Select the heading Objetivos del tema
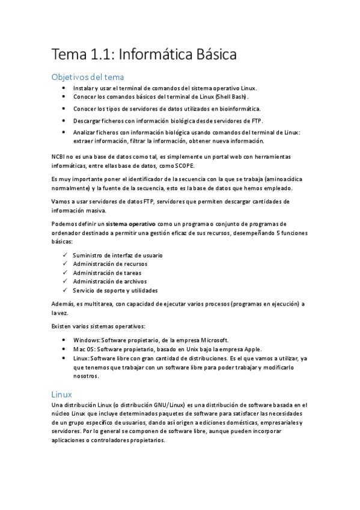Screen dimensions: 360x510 coord(88,77)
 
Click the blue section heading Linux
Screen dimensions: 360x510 coord(62,395)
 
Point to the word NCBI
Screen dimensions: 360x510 coord(61,156)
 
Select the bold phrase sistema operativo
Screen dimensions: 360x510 coord(129,223)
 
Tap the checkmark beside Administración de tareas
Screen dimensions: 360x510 coord(65,272)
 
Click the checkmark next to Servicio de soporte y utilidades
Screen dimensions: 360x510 coord(65,290)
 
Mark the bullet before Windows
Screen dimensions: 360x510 coord(65,340)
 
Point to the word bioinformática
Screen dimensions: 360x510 coord(236,109)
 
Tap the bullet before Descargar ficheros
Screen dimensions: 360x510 coord(65,120)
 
